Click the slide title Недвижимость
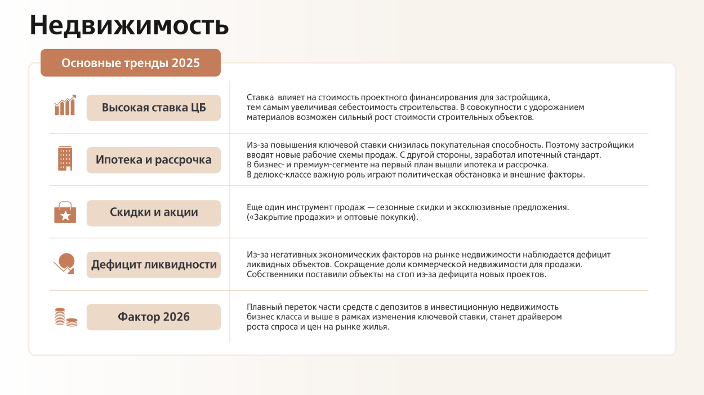[x=129, y=25]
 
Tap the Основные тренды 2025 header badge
[x=131, y=63]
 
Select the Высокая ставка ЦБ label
[x=154, y=108]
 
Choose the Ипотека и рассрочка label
[x=154, y=160]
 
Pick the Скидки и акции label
[x=154, y=212]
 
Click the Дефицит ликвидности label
[x=154, y=264]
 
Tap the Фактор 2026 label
[x=154, y=317]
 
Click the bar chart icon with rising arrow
[x=65, y=105]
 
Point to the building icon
[x=65, y=158]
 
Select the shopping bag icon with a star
[x=65, y=212]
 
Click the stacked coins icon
[x=66, y=317]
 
